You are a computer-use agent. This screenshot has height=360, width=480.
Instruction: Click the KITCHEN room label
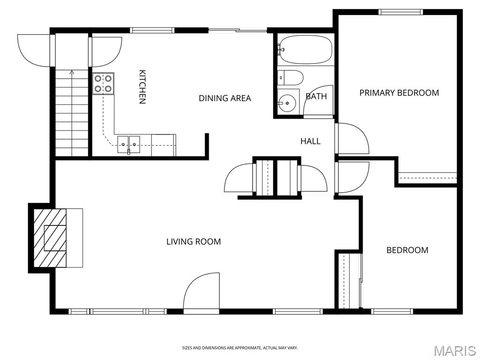pos(142,87)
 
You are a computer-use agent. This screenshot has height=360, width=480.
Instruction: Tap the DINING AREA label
pos(225,98)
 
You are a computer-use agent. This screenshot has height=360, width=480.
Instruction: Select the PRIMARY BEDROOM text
pos(399,93)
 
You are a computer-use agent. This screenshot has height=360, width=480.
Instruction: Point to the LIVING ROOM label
pos(194,241)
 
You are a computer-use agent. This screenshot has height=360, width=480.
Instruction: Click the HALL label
pos(310,141)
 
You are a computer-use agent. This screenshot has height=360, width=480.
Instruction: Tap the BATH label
pos(316,97)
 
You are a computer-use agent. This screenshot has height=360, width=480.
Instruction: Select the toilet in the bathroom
pos(290,78)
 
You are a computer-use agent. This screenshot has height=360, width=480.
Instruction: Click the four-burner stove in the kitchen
pos(103,83)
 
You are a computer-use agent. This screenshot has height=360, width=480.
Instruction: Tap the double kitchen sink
pos(128,144)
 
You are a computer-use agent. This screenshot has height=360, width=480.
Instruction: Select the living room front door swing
pos(202,291)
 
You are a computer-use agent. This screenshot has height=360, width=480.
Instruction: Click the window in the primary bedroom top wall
pos(400,12)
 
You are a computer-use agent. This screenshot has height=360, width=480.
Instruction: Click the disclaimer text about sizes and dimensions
pos(240,348)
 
